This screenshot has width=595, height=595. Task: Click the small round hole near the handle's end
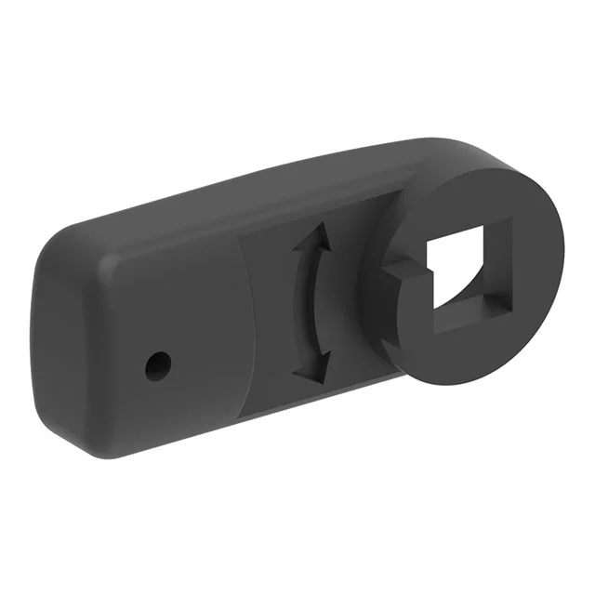158,365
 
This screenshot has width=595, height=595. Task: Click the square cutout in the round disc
465,273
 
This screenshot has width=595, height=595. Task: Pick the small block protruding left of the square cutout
402,272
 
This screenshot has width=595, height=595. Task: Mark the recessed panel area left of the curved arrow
265,307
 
